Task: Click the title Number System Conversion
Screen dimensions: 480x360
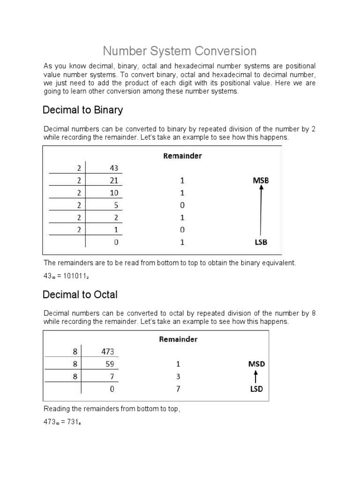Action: [x=180, y=51]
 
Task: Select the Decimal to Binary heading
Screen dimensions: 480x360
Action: [x=82, y=110]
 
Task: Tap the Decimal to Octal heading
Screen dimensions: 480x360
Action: [x=80, y=295]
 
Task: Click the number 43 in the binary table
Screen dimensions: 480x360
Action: [x=114, y=168]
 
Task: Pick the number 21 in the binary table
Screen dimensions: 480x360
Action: [x=114, y=180]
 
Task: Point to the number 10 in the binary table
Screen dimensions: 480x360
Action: [x=114, y=193]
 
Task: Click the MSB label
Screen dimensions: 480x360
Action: [x=261, y=180]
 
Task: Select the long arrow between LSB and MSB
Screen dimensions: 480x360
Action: [x=262, y=210]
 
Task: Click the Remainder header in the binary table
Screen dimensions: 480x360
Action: [x=182, y=156]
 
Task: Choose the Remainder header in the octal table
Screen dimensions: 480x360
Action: [x=178, y=339]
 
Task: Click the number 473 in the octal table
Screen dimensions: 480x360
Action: [x=108, y=352]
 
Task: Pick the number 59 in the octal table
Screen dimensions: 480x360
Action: [x=110, y=364]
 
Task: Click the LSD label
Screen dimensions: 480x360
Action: [x=256, y=389]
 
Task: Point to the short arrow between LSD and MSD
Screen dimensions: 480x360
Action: [x=255, y=376]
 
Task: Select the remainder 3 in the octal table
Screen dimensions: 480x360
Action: [x=178, y=376]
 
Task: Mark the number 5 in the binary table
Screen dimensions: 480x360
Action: [x=116, y=205]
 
